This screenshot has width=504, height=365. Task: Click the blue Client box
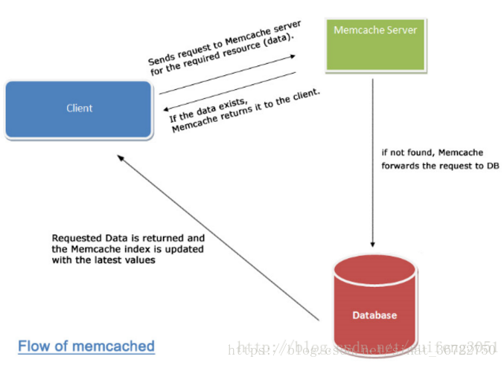(79, 109)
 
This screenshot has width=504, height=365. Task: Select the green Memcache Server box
(374, 45)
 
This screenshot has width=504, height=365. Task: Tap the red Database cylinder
(374, 305)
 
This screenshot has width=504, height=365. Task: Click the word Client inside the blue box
(79, 108)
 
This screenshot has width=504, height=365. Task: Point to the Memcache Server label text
(374, 30)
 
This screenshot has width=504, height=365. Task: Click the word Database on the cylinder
(374, 315)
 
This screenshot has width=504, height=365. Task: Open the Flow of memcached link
(86, 346)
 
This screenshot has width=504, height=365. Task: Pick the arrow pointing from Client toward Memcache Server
(227, 74)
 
